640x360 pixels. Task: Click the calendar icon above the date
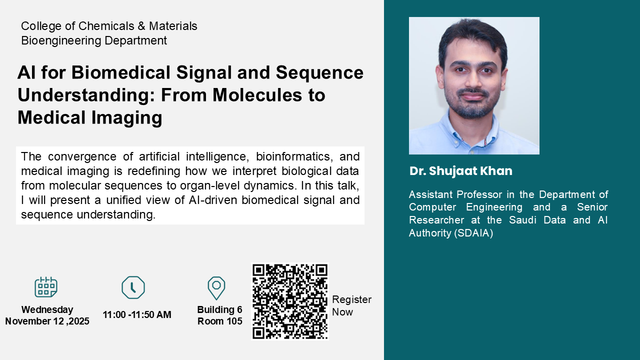pyautogui.click(x=45, y=287)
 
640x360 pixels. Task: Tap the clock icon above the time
pyautogui.click(x=133, y=287)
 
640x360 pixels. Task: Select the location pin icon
pyautogui.click(x=216, y=287)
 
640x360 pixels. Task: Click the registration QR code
pyautogui.click(x=289, y=301)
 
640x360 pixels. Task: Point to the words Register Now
pyautogui.click(x=351, y=305)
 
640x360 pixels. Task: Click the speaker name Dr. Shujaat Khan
pyautogui.click(x=461, y=171)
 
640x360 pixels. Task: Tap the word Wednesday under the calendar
pyautogui.click(x=47, y=309)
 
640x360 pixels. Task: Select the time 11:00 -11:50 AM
pyautogui.click(x=137, y=314)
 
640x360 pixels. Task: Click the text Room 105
pyautogui.click(x=219, y=321)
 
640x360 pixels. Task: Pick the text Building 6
pyautogui.click(x=219, y=309)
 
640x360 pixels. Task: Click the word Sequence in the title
pyautogui.click(x=319, y=72)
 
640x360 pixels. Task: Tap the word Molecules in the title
pyautogui.click(x=257, y=95)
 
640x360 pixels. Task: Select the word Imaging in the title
pyautogui.click(x=126, y=117)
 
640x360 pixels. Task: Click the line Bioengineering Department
pyautogui.click(x=94, y=40)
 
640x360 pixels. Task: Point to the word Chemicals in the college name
pyautogui.click(x=106, y=26)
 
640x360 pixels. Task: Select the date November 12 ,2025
pyautogui.click(x=47, y=321)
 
